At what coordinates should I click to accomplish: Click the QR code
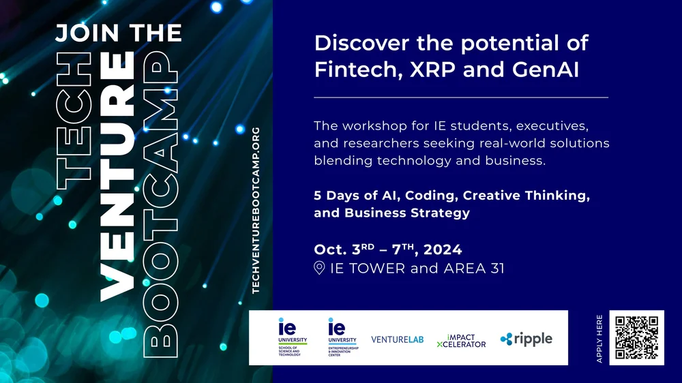click(636, 337)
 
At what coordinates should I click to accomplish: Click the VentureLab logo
click(398, 339)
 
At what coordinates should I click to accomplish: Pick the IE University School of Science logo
click(293, 337)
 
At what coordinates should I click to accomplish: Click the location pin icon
click(319, 268)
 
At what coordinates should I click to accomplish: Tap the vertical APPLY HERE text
click(599, 338)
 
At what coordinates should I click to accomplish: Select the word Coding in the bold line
click(432, 196)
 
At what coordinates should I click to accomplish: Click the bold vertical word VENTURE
click(117, 177)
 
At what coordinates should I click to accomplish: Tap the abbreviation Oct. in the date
click(330, 249)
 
